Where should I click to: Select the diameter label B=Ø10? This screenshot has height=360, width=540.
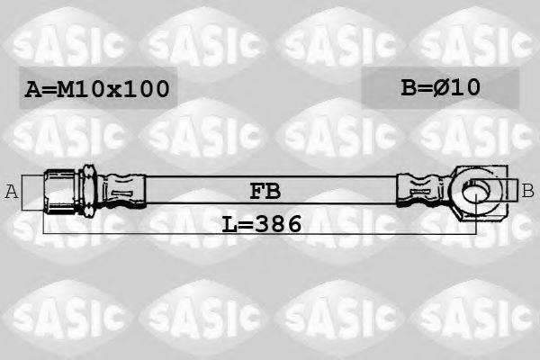pos(441,87)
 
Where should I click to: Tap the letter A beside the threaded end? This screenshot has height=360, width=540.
pos(12,191)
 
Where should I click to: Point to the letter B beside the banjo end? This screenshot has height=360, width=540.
pos(527,190)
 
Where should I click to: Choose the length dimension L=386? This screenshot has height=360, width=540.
pos(262,222)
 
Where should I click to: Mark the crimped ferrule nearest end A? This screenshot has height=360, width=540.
pos(121,191)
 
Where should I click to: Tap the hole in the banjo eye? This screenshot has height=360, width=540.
pos(476,190)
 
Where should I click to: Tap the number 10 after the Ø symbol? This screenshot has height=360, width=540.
pos(468,87)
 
